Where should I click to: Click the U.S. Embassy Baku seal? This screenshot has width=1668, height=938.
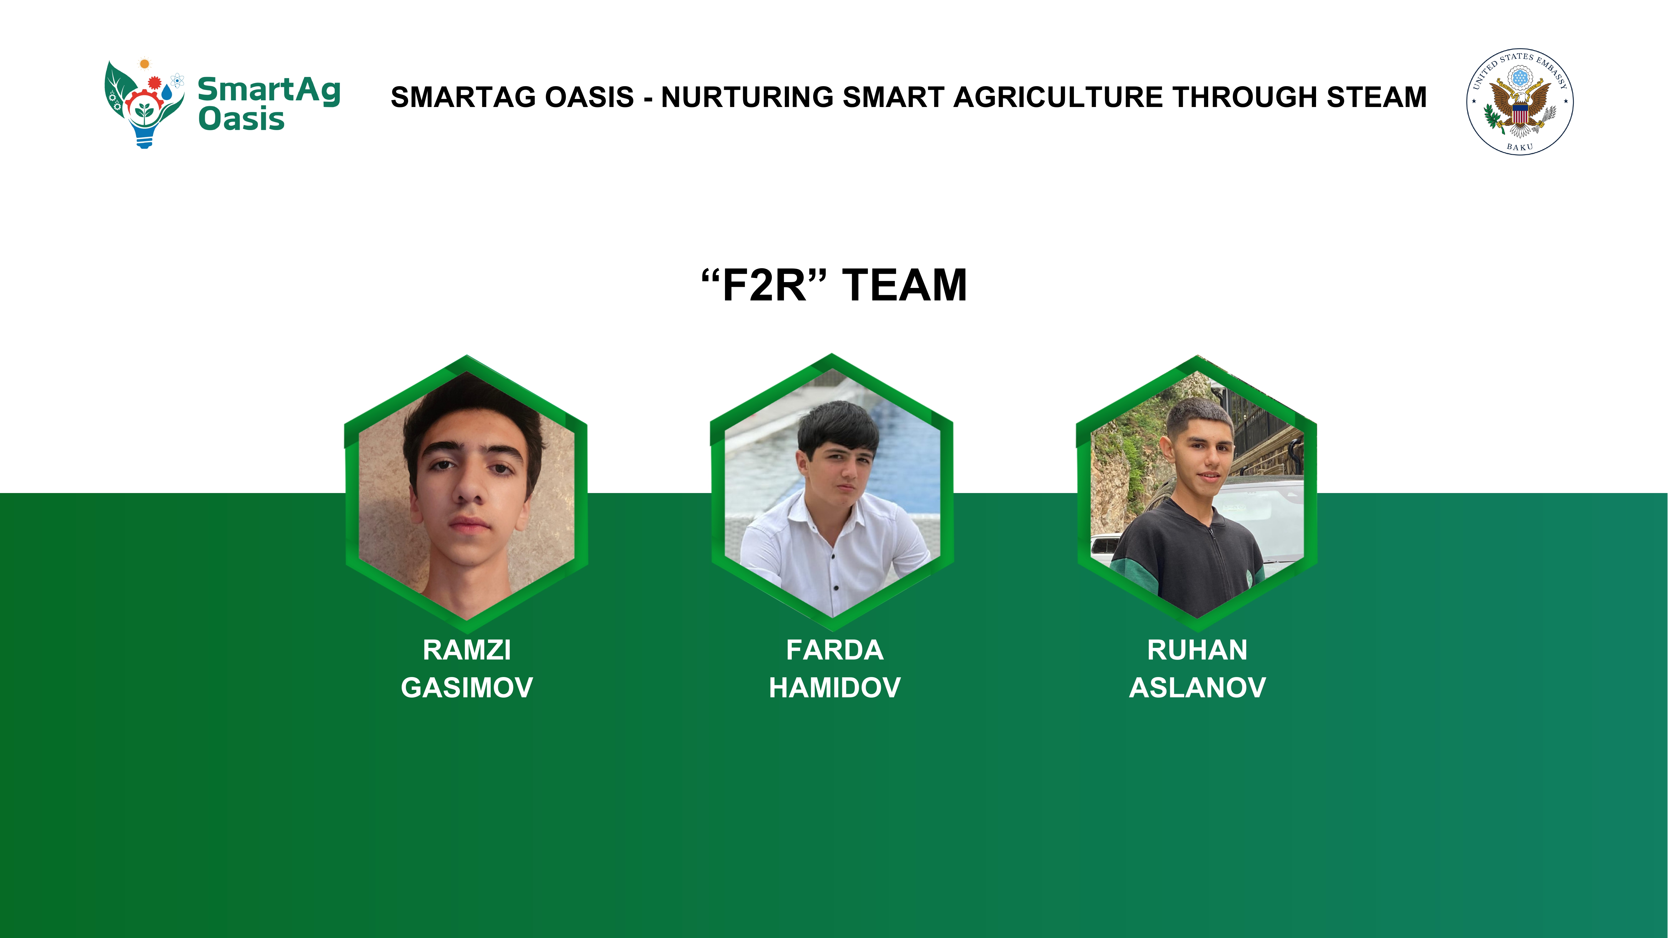[1520, 101]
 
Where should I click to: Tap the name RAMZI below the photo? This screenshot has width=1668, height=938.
[467, 650]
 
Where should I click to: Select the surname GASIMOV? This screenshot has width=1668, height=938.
[467, 688]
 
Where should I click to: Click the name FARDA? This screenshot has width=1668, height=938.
[835, 650]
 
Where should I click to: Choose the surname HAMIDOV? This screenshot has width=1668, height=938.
[835, 688]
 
